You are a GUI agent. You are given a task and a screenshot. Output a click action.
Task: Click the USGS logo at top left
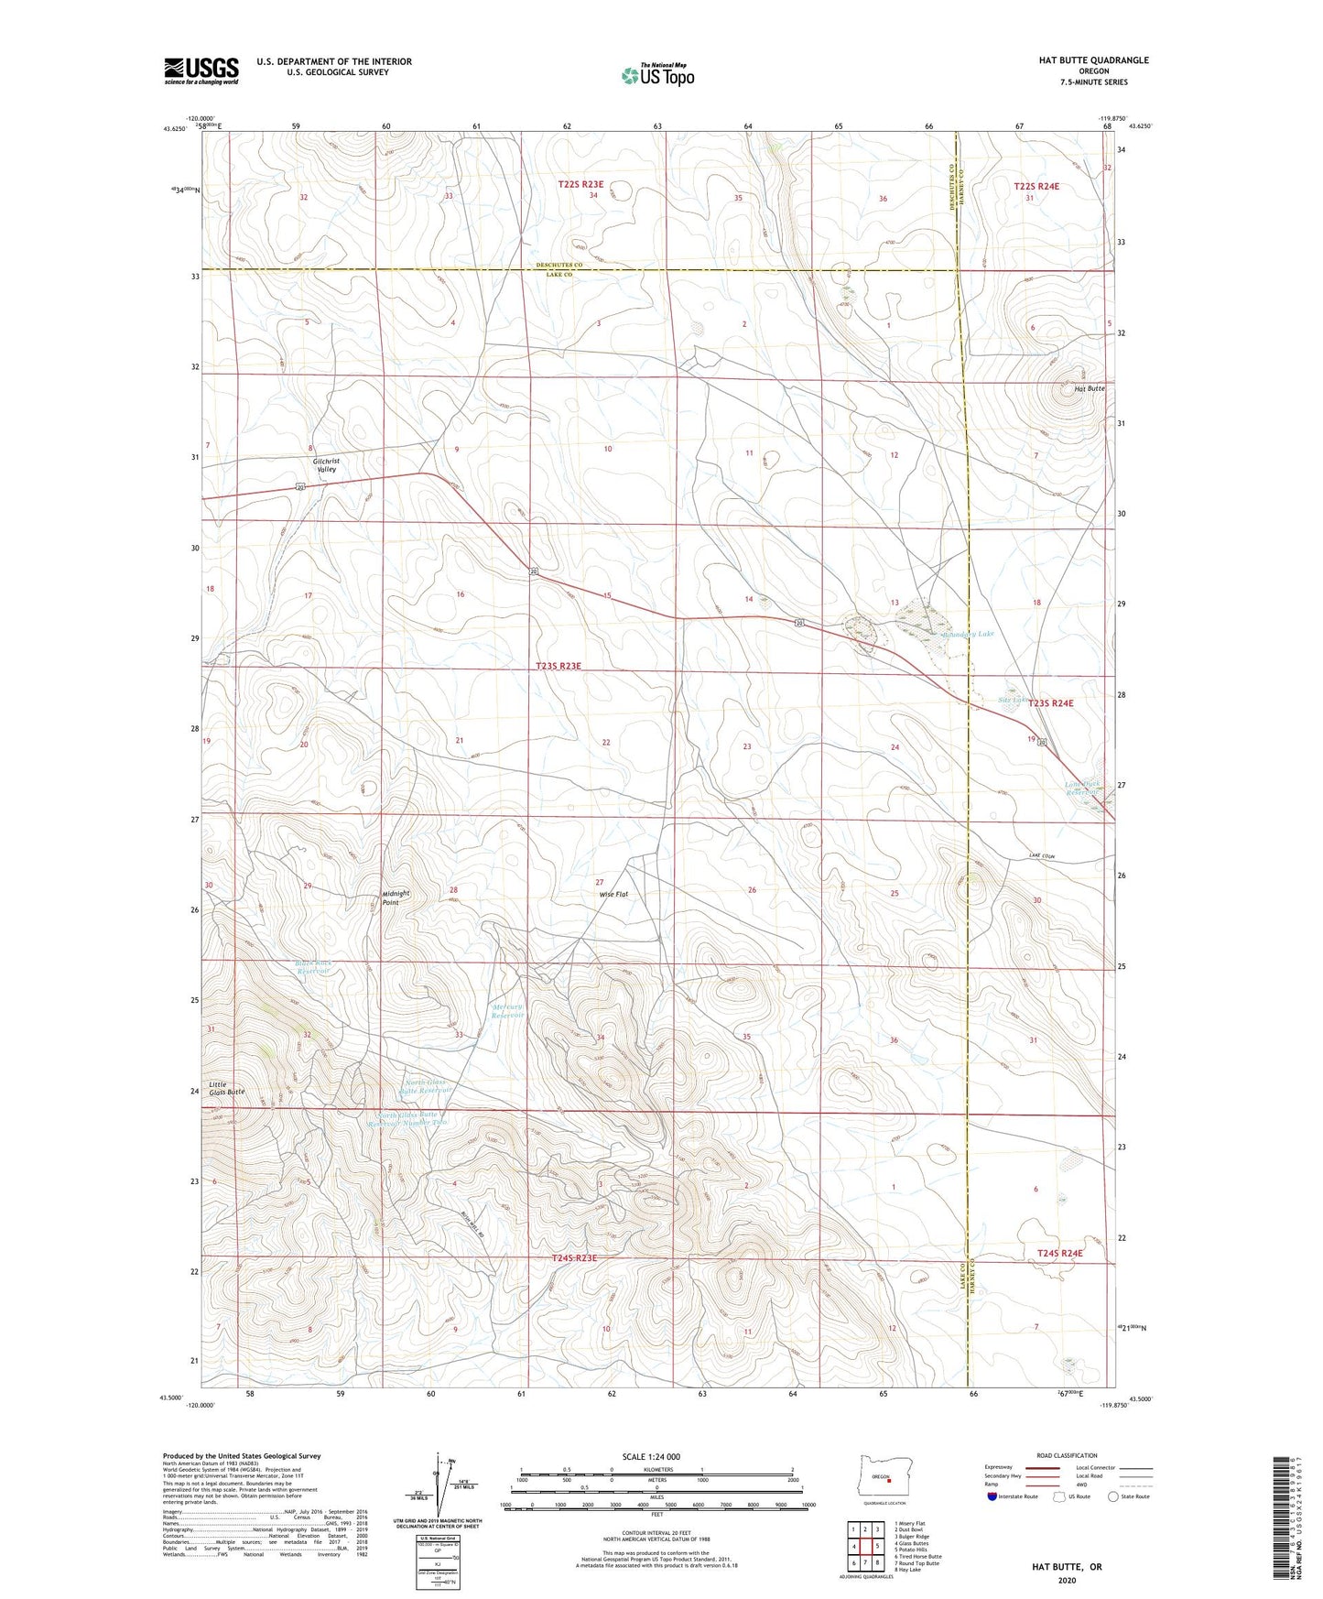201,71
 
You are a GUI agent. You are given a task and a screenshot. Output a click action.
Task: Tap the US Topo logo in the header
657,75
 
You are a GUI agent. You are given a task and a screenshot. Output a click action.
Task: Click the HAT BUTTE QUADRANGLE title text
1093,60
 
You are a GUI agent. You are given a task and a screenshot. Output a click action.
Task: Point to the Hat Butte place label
1089,388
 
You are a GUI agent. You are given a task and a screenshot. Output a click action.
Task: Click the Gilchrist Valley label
326,465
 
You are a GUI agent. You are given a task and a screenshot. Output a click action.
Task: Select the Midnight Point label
396,897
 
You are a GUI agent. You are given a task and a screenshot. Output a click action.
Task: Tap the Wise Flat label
613,894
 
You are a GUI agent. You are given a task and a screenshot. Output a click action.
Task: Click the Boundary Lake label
968,634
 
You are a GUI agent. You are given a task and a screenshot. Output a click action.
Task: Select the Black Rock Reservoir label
313,967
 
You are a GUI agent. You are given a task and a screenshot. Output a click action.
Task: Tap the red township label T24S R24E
1059,1253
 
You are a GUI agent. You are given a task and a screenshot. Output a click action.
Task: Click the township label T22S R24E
1036,186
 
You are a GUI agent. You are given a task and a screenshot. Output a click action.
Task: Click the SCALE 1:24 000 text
651,1456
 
